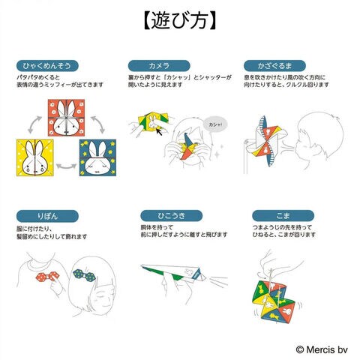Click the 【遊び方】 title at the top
(x=179, y=20)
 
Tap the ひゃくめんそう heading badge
(x=47, y=66)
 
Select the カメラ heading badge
(x=159, y=66)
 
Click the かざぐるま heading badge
(x=274, y=66)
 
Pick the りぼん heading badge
(x=47, y=216)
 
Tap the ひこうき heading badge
(x=172, y=216)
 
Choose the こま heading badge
(x=283, y=216)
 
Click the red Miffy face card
(x=66, y=118)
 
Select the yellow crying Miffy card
(x=35, y=157)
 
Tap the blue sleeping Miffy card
(x=97, y=157)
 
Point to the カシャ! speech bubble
(x=215, y=124)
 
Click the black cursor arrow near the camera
(x=158, y=131)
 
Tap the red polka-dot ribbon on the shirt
(x=47, y=277)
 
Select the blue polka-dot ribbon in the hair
(x=84, y=275)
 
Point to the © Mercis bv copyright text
(x=322, y=349)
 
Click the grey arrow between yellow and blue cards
(x=66, y=166)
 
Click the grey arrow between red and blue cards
(x=98, y=124)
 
